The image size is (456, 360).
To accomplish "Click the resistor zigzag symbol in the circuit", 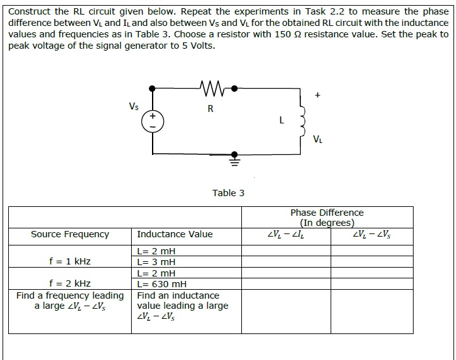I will (x=209, y=87).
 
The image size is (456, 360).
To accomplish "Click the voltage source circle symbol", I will (x=152, y=121).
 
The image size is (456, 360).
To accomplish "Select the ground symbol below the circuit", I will (x=234, y=159).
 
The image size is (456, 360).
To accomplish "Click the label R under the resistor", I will (x=210, y=108).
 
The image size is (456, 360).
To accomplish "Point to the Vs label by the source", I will (x=134, y=106).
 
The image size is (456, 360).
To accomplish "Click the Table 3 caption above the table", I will (x=228, y=193).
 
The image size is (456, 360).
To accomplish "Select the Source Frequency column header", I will (x=70, y=234).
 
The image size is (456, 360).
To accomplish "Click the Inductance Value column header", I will (x=175, y=234).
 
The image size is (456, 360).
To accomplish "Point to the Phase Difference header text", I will (x=327, y=213).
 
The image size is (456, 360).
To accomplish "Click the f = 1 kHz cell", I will (x=70, y=261).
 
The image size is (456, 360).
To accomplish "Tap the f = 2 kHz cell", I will (x=70, y=284).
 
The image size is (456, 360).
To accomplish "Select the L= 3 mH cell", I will (x=156, y=262).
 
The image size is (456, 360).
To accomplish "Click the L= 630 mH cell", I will (x=161, y=284).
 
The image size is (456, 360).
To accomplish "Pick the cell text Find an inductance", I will (x=178, y=295).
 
